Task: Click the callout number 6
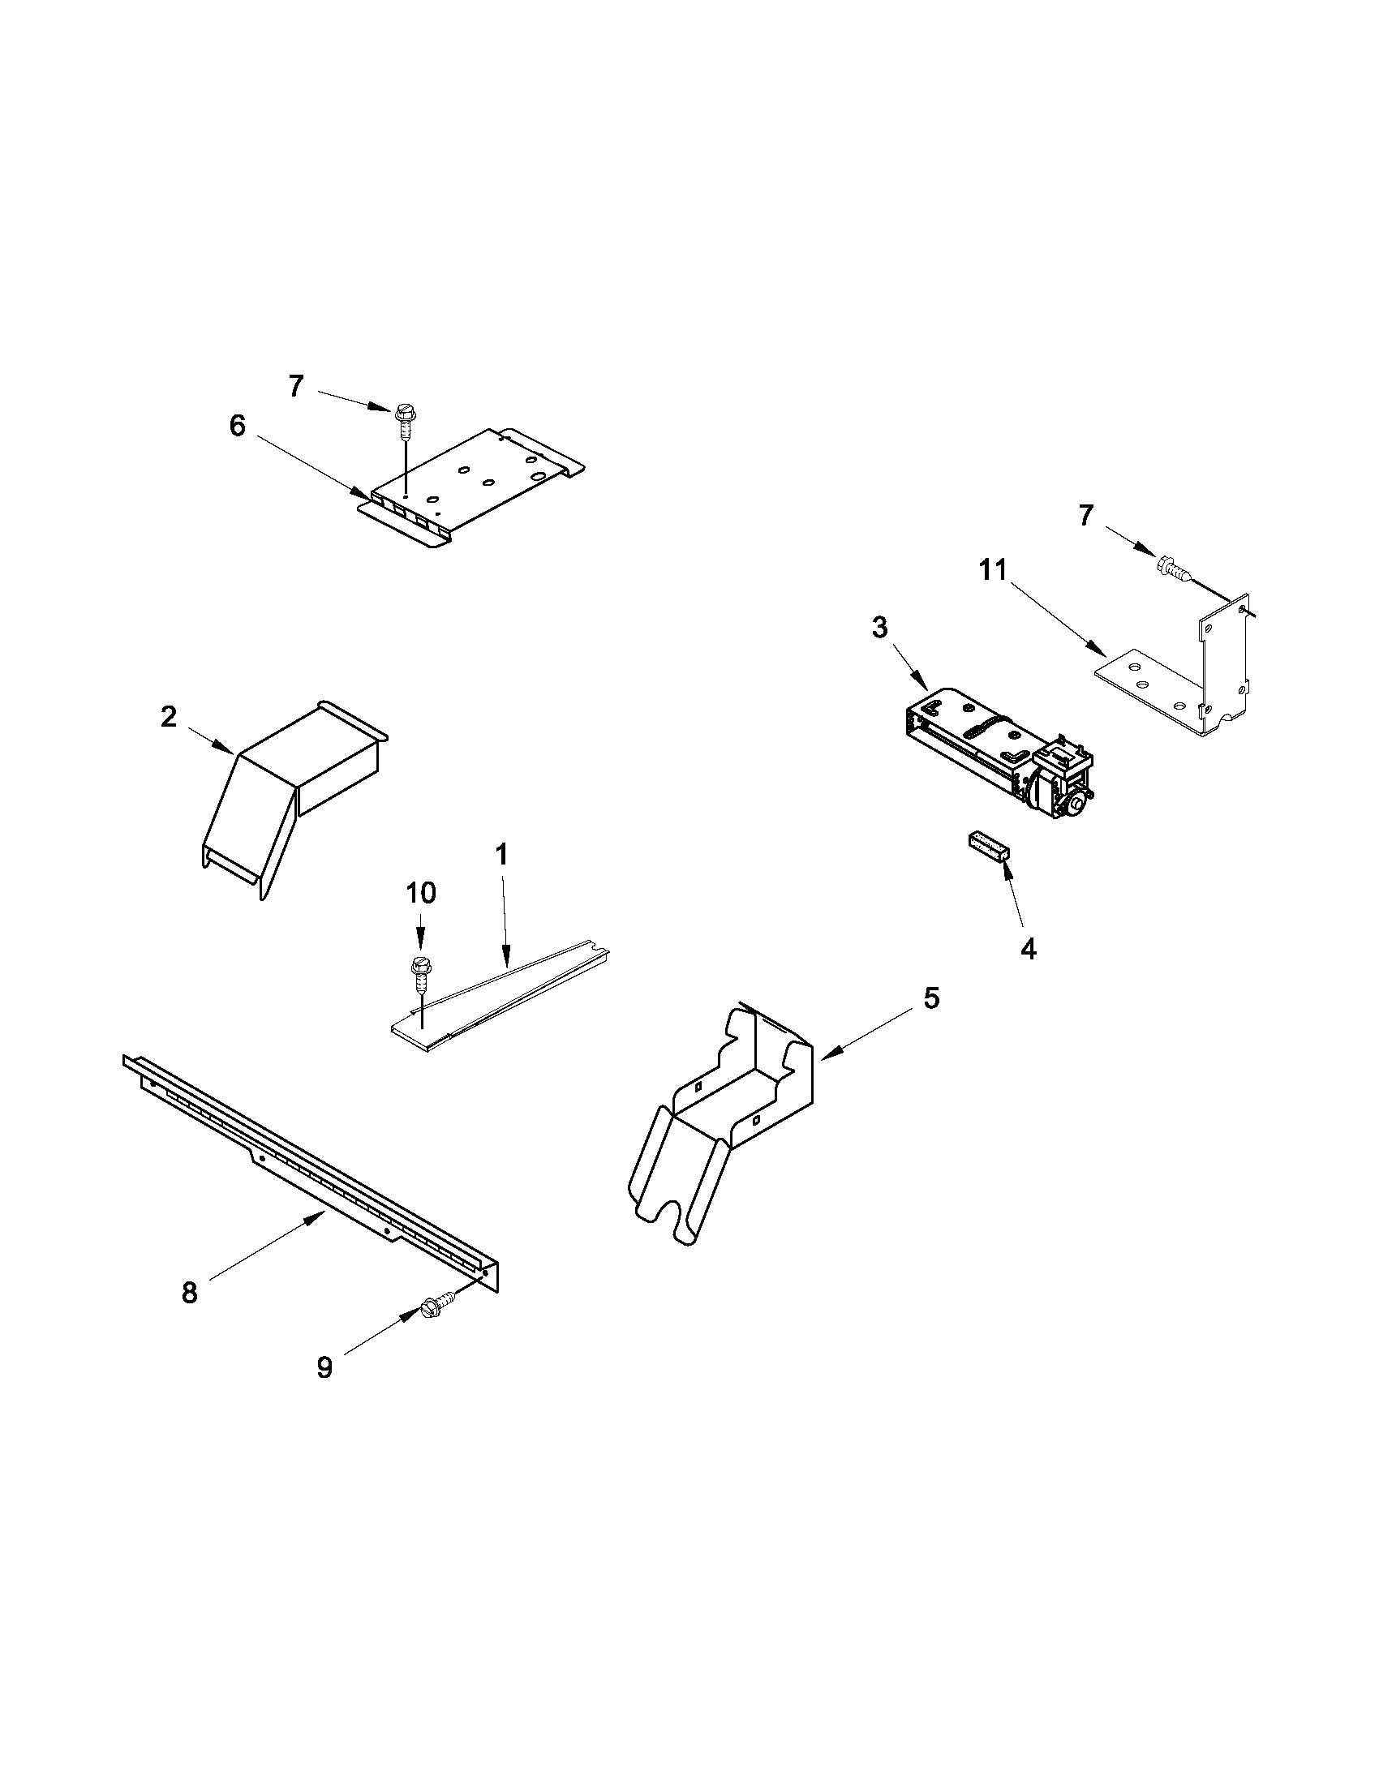236,427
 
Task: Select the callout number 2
169,718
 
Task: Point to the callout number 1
502,855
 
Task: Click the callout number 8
190,1293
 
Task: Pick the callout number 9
324,1367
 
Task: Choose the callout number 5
931,998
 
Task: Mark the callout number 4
1029,949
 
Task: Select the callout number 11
993,571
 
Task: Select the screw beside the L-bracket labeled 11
1171,565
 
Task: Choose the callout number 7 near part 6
296,386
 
